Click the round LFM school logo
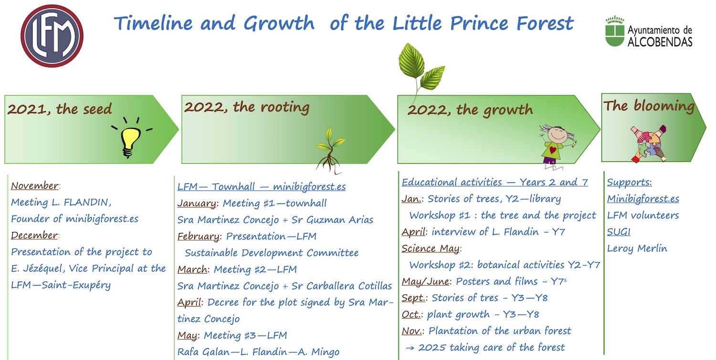(x=52, y=36)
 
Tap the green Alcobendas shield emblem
(x=615, y=32)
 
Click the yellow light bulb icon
(x=131, y=138)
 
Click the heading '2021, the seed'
(x=60, y=109)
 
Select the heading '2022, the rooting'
(x=247, y=107)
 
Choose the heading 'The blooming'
(x=649, y=106)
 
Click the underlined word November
(x=35, y=186)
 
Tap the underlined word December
(x=34, y=235)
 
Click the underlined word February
(x=199, y=236)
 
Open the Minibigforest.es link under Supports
(x=643, y=199)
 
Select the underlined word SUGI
(x=619, y=232)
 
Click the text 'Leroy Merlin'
(x=637, y=248)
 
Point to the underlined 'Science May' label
(x=431, y=248)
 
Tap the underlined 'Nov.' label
(x=411, y=331)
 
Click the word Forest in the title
(x=545, y=23)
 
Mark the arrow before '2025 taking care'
(x=410, y=348)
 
